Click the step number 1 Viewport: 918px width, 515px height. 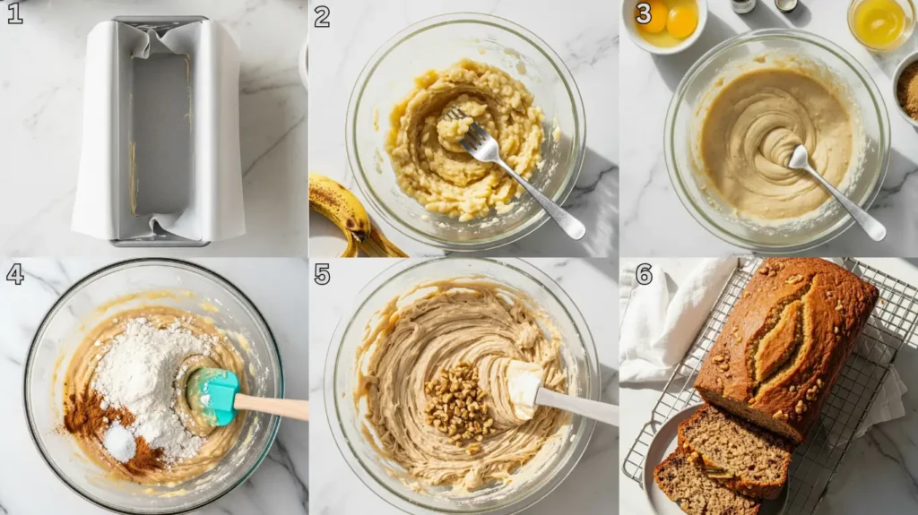[x=14, y=13]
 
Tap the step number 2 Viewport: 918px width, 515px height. [x=322, y=15]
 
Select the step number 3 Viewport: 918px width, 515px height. [x=643, y=13]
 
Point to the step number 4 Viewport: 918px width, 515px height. [x=14, y=274]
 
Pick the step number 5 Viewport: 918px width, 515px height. [x=323, y=274]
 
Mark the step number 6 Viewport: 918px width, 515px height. [x=644, y=274]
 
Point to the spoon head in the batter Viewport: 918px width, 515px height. [x=798, y=157]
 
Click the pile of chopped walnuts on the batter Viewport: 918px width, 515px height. [x=456, y=403]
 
